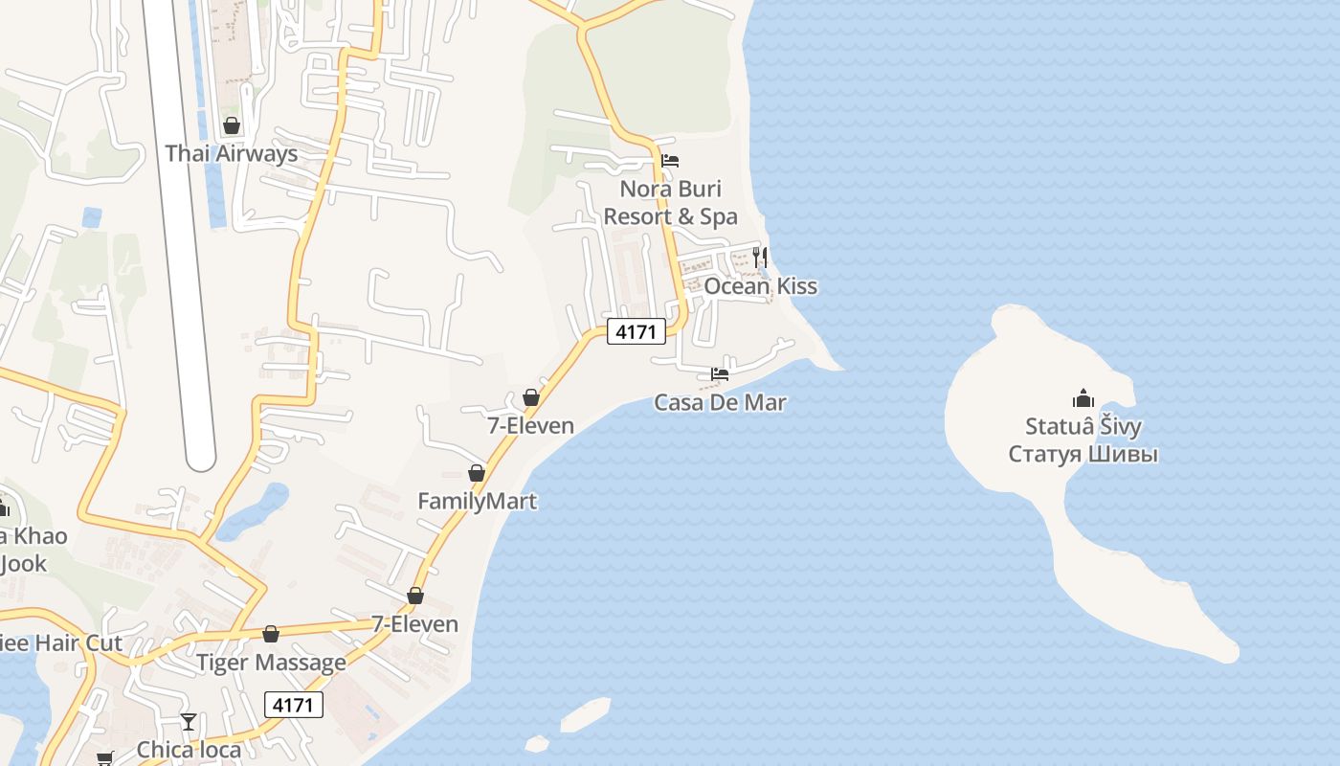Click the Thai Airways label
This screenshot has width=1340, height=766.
[231, 153]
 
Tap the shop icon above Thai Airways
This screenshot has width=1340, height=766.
[231, 125]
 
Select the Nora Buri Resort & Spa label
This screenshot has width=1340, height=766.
[670, 202]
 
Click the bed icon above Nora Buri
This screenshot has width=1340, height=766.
[670, 161]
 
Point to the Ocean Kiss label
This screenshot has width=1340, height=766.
[761, 286]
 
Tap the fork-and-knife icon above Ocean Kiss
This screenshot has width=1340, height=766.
[760, 257]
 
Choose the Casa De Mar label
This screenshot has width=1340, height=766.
[720, 402]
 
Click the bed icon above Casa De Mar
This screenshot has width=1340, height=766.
[720, 373]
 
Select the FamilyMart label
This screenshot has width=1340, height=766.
[477, 501]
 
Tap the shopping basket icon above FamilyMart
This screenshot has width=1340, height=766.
[477, 473]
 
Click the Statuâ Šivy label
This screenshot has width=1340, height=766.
[1083, 426]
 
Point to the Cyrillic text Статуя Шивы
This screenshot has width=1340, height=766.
[1083, 453]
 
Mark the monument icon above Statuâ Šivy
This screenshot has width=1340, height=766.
[1083, 398]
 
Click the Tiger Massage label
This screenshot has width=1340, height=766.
[271, 663]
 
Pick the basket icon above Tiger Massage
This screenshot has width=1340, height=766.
[271, 634]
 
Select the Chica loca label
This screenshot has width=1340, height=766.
[189, 749]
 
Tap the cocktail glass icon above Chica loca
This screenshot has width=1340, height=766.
[189, 721]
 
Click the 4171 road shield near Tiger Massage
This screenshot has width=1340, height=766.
[294, 706]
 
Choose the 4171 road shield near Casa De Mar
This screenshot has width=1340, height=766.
[636, 332]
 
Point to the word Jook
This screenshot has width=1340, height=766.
[23, 563]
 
